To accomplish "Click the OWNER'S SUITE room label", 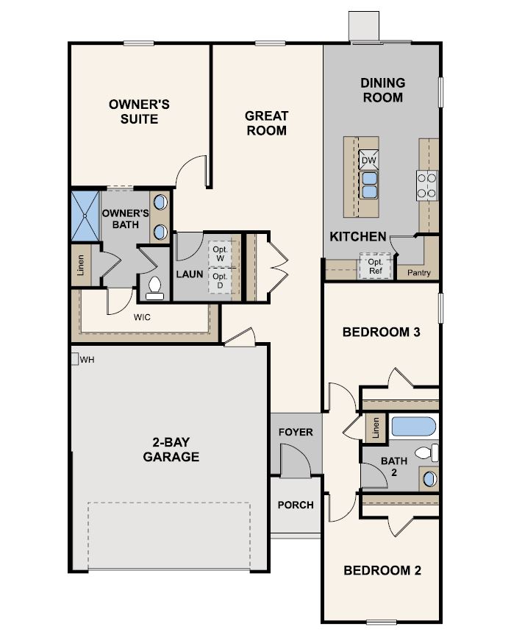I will [139, 111].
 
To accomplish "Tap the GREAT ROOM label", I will [266, 123].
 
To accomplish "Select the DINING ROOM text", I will [382, 90].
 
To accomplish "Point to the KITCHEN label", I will [357, 236].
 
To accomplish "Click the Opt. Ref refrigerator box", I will [375, 266].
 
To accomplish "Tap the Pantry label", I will [418, 273].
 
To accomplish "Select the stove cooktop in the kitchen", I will [426, 185].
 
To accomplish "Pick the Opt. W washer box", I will [219, 253].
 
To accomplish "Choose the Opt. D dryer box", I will [219, 280].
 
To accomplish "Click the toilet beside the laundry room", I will [155, 287].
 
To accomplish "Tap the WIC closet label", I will [143, 319].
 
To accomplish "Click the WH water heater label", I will [87, 360].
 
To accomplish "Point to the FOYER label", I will [296, 432].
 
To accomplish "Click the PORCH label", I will [296, 505].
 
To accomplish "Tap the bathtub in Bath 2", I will [412, 427].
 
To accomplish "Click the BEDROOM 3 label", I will [381, 332].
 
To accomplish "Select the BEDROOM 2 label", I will [382, 570].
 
